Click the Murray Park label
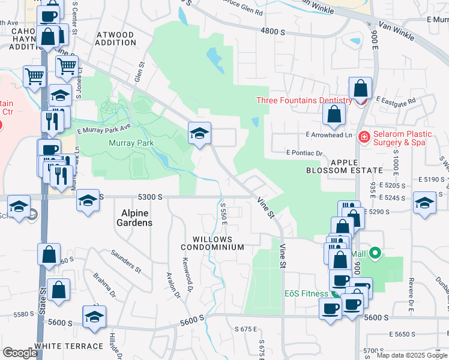click(131, 143)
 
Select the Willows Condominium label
click(214, 242)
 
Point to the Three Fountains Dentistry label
click(304, 101)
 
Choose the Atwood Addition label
click(116, 38)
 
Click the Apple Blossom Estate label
click(344, 166)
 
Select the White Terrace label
click(68, 346)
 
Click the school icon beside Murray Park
click(199, 133)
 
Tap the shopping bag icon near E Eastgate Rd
click(360, 89)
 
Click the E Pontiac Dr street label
click(304, 153)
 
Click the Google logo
click(20, 353)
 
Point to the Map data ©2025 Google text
click(412, 355)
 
